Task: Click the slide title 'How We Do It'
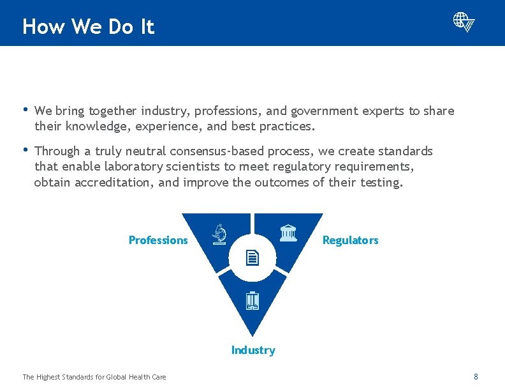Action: [x=88, y=27]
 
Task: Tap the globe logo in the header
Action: [x=464, y=22]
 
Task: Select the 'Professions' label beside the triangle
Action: [x=158, y=240]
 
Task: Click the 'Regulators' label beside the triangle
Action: [x=350, y=240]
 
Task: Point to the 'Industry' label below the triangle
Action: [x=253, y=350]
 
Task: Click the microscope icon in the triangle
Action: [x=219, y=234]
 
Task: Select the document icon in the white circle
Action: [x=252, y=258]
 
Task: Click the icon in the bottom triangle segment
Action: [x=252, y=300]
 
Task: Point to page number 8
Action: [x=476, y=377]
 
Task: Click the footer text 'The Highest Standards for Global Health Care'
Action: [x=94, y=377]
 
